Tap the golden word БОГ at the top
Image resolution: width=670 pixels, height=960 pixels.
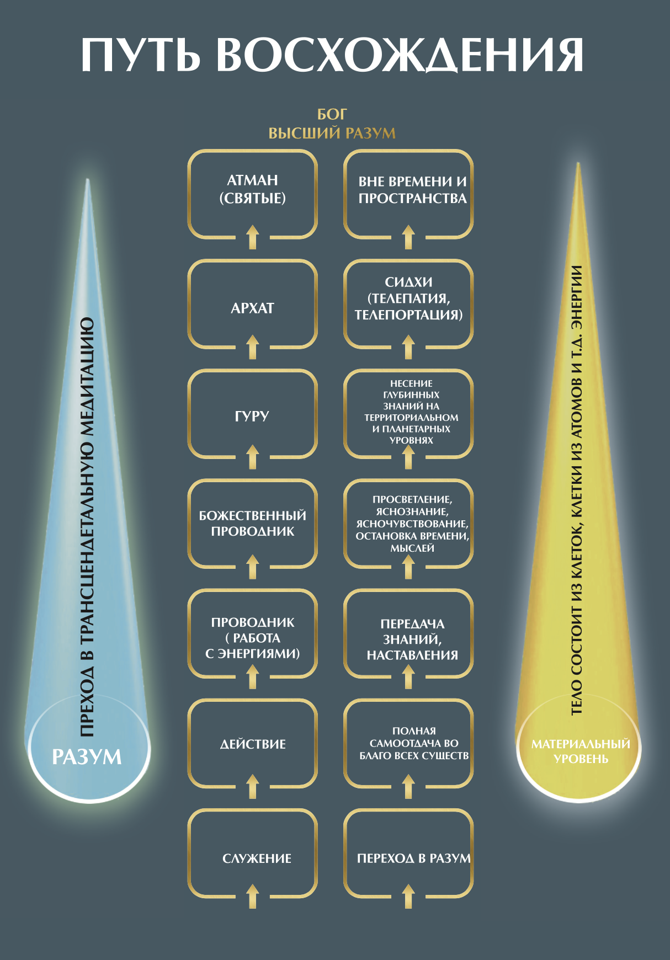click(x=332, y=114)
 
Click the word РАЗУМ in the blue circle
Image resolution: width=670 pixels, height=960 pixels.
click(x=87, y=757)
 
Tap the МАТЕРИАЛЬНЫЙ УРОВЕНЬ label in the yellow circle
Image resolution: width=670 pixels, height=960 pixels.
click(x=581, y=751)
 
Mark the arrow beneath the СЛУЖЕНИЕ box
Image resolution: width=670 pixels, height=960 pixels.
click(x=253, y=896)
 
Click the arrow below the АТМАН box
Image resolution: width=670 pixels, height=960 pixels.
click(x=253, y=237)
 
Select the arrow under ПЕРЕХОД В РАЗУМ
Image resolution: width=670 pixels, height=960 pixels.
click(x=408, y=896)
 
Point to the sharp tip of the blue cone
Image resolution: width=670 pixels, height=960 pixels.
click(x=88, y=180)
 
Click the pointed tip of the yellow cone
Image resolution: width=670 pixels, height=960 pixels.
click(x=578, y=163)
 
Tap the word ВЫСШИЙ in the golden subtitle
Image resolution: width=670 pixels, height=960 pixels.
click(x=305, y=133)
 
